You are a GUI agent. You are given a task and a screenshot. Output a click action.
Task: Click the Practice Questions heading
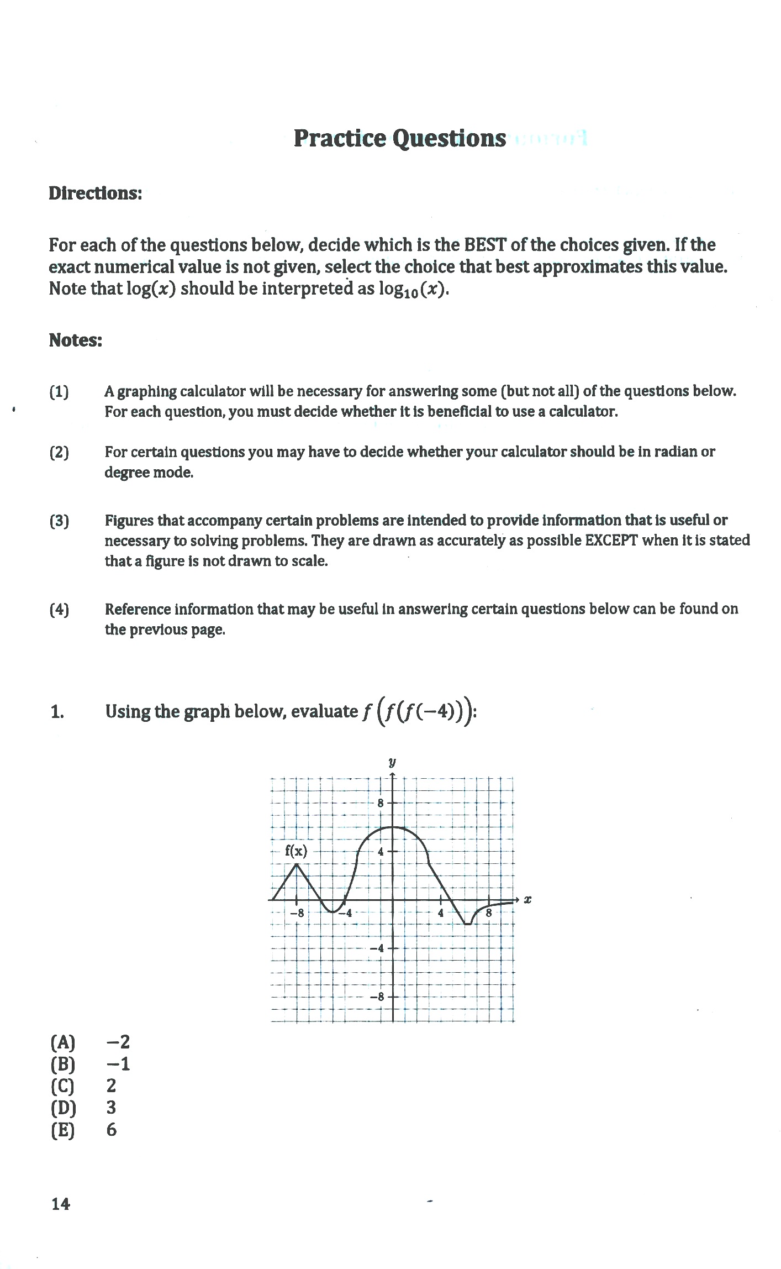(399, 138)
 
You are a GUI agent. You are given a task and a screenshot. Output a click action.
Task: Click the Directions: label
(95, 193)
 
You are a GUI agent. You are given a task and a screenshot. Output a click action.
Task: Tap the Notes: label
(75, 340)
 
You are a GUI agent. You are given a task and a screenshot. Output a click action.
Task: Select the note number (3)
(59, 521)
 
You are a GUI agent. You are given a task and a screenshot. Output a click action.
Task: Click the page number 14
(61, 1204)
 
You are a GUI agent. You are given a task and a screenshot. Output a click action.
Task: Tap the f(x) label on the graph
(296, 851)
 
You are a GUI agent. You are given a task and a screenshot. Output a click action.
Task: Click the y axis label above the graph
(392, 763)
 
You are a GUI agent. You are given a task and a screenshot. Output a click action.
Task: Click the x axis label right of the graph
(527, 900)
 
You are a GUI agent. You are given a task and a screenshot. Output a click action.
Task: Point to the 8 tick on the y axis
(381, 804)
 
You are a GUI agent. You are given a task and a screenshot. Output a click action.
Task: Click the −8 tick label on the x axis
(297, 913)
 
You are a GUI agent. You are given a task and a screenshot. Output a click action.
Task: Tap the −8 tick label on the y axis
(377, 997)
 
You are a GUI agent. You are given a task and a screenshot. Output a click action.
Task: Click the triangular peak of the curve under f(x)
(297, 864)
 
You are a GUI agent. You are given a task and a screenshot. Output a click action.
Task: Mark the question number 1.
(57, 712)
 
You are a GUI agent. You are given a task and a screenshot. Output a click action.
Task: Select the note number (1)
(59, 392)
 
